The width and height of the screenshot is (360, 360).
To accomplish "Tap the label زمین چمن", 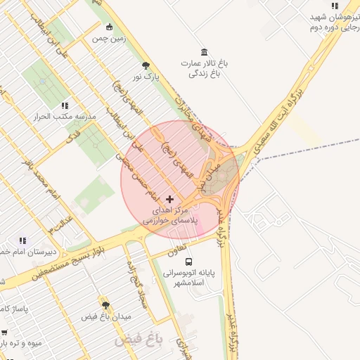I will coord(108,39).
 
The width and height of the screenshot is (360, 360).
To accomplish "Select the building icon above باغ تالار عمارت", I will coord(204,53).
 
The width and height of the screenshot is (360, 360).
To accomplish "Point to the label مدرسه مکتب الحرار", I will coord(65,117).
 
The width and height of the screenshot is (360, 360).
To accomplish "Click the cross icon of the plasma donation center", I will coord(169,199).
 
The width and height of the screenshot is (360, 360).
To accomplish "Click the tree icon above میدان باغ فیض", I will coord(105,304).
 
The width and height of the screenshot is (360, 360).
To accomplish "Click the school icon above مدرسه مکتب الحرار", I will coord(65,105).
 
